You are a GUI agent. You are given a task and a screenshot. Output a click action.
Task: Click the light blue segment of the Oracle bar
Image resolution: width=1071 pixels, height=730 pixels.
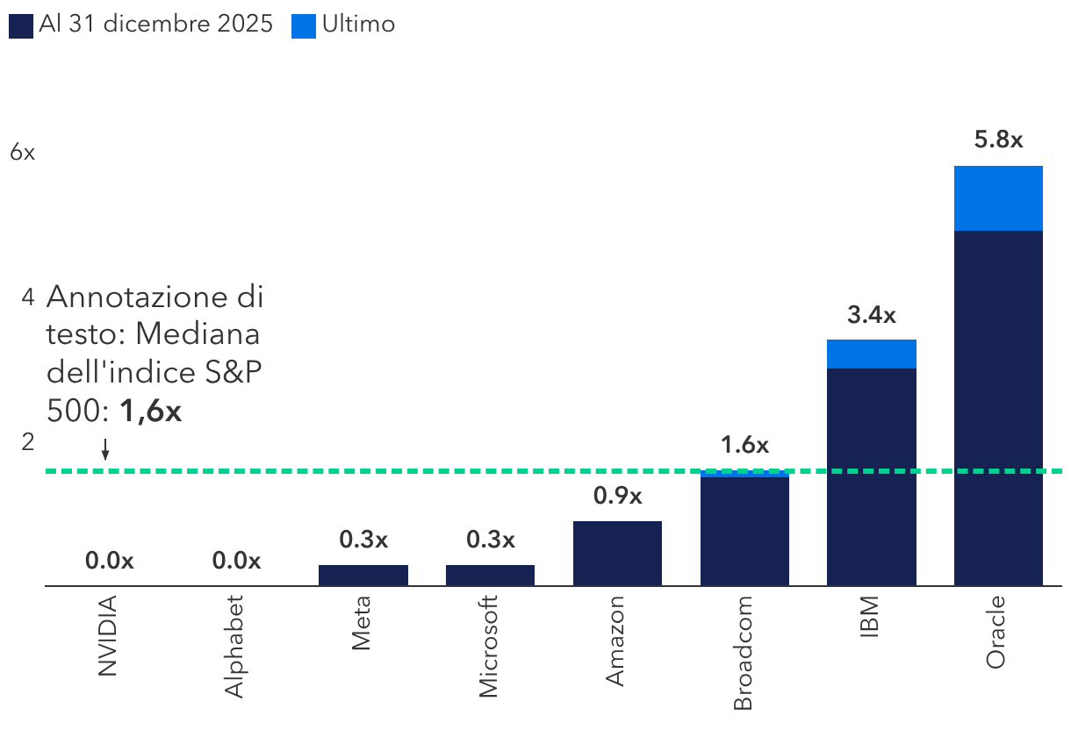coord(998,198)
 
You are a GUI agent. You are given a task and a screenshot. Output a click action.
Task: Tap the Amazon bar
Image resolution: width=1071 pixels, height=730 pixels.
coord(617,553)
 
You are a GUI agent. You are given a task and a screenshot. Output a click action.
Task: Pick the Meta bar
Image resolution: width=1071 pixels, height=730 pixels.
coord(363,575)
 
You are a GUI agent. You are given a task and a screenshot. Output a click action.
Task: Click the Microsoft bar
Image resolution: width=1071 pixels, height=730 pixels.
coord(490,575)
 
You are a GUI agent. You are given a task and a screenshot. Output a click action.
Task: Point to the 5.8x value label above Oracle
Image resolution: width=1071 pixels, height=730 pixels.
coord(998,140)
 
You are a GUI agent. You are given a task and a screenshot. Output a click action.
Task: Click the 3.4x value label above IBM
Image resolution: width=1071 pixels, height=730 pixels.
coord(872,315)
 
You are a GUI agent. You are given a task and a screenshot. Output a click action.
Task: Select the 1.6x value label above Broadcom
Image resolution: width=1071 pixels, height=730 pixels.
coord(744,445)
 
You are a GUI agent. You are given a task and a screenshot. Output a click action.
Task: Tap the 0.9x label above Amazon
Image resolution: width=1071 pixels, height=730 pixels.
coord(617,496)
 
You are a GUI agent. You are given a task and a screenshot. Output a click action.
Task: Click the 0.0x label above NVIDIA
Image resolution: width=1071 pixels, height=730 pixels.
coord(109,561)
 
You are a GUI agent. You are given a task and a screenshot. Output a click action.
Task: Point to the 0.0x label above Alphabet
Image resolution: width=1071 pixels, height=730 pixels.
coord(236,561)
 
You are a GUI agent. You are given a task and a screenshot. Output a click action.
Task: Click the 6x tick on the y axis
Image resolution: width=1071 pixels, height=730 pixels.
coord(22,152)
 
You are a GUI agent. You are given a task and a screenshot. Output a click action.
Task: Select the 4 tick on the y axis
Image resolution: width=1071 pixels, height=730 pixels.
coord(28,297)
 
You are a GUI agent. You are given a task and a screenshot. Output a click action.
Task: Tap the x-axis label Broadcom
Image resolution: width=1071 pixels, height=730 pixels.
coord(743,653)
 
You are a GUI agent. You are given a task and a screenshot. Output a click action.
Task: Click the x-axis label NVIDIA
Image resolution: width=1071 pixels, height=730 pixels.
coord(107,636)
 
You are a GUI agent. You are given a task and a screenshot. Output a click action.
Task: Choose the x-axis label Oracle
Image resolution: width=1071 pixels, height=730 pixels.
coord(996,632)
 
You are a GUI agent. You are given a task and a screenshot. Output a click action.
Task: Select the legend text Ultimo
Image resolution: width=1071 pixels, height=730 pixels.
coord(358,25)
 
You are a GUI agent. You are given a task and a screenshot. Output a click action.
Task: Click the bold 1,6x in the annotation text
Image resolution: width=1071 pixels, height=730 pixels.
coord(150,412)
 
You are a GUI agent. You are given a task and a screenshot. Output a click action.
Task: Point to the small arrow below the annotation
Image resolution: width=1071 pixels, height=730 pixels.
coord(105,452)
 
